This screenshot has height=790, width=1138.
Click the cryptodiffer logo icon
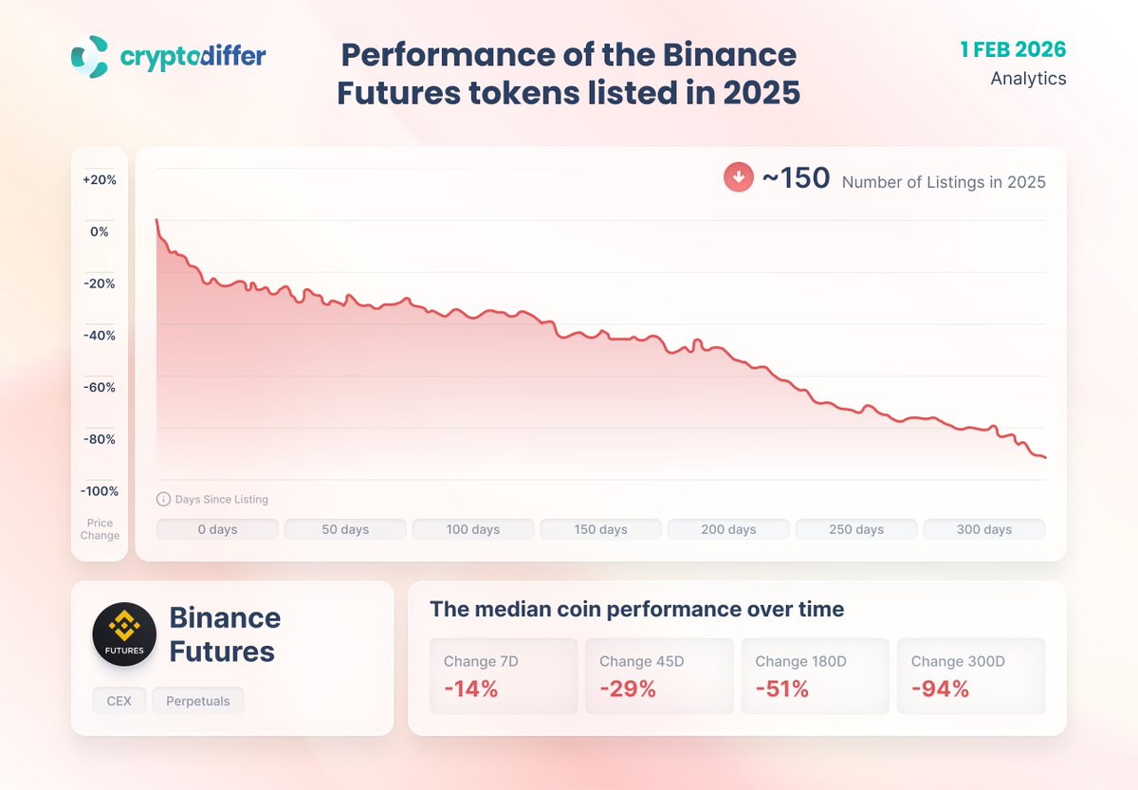tap(89, 57)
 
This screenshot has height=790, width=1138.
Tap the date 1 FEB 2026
tap(1013, 49)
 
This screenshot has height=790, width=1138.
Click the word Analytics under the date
tap(1028, 79)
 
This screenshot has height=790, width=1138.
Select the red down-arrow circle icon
tap(739, 177)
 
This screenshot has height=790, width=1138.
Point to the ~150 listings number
tap(796, 178)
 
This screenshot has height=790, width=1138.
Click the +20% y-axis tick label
tap(100, 179)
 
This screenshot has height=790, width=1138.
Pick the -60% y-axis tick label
tap(100, 387)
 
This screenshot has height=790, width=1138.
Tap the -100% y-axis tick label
tap(100, 491)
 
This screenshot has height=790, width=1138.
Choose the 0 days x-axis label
tap(217, 529)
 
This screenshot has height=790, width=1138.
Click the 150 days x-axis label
tap(600, 529)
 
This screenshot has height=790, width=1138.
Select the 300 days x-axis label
tap(983, 529)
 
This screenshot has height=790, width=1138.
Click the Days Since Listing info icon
tap(163, 499)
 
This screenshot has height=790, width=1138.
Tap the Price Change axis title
tap(100, 529)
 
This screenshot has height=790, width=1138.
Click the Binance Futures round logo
tap(124, 634)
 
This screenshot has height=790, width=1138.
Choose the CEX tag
tap(119, 701)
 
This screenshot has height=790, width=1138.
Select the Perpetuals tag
tap(198, 701)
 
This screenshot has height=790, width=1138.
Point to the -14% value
tap(470, 689)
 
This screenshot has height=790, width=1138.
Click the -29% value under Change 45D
tap(627, 689)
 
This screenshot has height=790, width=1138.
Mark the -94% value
tap(940, 689)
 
